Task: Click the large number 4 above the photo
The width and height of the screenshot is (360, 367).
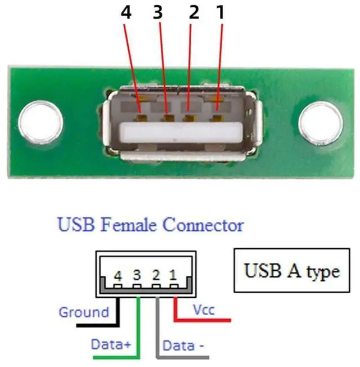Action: [x=127, y=13]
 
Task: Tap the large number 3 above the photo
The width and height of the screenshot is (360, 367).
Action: [x=157, y=13]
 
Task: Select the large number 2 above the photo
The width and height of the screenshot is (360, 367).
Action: [x=193, y=13]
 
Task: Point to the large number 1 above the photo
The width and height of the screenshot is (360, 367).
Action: [x=220, y=13]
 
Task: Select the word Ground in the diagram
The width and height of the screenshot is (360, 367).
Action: [x=84, y=312]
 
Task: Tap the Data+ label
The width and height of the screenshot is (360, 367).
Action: [x=111, y=343]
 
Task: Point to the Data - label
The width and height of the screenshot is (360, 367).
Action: [x=183, y=344]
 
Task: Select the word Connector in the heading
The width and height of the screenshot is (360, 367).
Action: [x=203, y=226]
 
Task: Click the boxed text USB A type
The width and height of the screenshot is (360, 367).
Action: [x=292, y=271]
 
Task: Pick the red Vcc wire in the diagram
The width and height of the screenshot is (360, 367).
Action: [x=202, y=319]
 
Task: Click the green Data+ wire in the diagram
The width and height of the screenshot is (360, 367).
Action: [x=138, y=326]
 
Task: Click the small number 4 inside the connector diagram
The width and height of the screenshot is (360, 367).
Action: [x=118, y=276]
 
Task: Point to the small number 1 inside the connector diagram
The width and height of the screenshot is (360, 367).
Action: [x=174, y=276]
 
